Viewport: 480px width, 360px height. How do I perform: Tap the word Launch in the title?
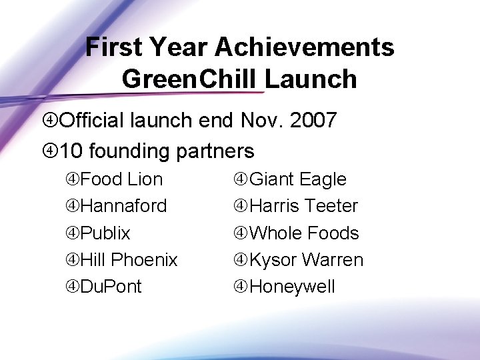(x=311, y=79)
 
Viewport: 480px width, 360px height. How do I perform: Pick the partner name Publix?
(x=105, y=233)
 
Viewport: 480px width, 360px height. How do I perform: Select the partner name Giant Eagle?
(x=297, y=179)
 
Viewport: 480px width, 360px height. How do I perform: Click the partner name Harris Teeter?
(x=303, y=206)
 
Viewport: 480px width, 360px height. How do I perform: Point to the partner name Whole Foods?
(x=304, y=233)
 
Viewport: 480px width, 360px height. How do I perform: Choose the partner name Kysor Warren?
(x=306, y=260)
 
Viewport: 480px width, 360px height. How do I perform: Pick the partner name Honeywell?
(x=292, y=287)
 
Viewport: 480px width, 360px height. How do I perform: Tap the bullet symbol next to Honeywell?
(x=241, y=287)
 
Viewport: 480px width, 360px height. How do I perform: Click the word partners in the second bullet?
(x=215, y=151)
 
